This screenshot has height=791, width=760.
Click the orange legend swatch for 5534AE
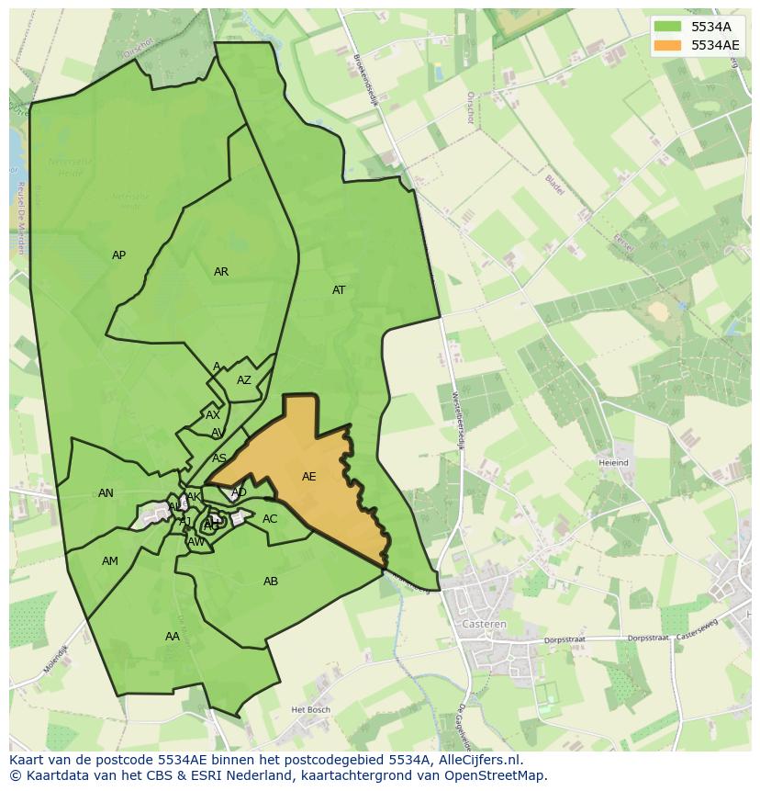(668, 45)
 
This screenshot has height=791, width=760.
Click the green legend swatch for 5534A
(668, 27)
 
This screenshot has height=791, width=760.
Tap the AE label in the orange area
(309, 477)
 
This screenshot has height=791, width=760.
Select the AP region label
(118, 255)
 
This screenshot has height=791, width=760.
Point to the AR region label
(221, 272)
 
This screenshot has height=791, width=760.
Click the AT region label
(339, 290)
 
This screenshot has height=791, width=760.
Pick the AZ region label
(244, 380)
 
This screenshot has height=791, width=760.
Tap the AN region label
(106, 493)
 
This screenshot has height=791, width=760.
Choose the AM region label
(110, 561)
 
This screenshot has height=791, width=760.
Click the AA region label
(173, 637)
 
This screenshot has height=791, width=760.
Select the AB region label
(271, 582)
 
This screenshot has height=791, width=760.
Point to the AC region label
(270, 519)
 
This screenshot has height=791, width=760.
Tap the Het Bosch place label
(309, 710)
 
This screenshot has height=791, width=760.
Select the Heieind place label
(613, 463)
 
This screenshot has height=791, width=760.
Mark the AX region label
(213, 415)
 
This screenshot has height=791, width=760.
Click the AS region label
(219, 458)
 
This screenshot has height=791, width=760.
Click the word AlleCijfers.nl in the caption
(476, 760)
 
